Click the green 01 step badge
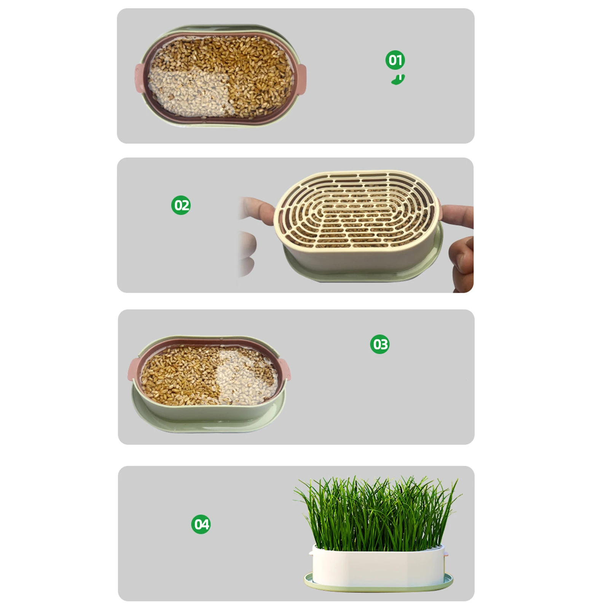[x=395, y=60]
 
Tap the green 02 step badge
[x=181, y=205]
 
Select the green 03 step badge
[x=379, y=344]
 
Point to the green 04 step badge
[x=201, y=524]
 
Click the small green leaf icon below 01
[x=398, y=80]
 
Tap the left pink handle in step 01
[x=139, y=78]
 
